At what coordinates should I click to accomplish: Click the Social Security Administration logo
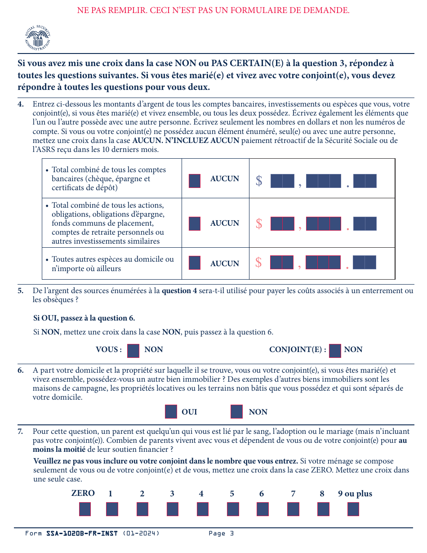coord(37,38)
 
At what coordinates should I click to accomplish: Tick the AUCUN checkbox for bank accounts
coord(195,181)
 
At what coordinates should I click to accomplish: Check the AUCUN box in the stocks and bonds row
coord(195,223)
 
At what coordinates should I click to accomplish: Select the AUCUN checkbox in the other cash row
coord(195,263)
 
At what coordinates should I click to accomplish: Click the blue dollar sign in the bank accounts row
coord(259,181)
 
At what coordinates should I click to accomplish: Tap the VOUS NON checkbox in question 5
coord(133,351)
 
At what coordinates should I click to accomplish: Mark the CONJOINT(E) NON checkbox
coord(335,351)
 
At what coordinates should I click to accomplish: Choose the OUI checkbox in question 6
coord(171,412)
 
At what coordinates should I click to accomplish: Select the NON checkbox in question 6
coord(236,412)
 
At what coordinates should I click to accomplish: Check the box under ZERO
coord(85,509)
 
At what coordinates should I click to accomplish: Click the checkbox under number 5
coord(233,509)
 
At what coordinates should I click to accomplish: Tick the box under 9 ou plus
coord(353,509)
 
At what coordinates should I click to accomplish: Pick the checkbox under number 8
coord(323,509)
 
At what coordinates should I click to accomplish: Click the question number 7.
coord(21,432)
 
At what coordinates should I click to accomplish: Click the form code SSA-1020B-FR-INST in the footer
coord(82,534)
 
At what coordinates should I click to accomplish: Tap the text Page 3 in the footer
coord(221,534)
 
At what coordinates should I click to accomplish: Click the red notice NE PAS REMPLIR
coord(213,10)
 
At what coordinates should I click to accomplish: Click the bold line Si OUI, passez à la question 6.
coord(84,318)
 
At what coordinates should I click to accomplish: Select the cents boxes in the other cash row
coord(365,263)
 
